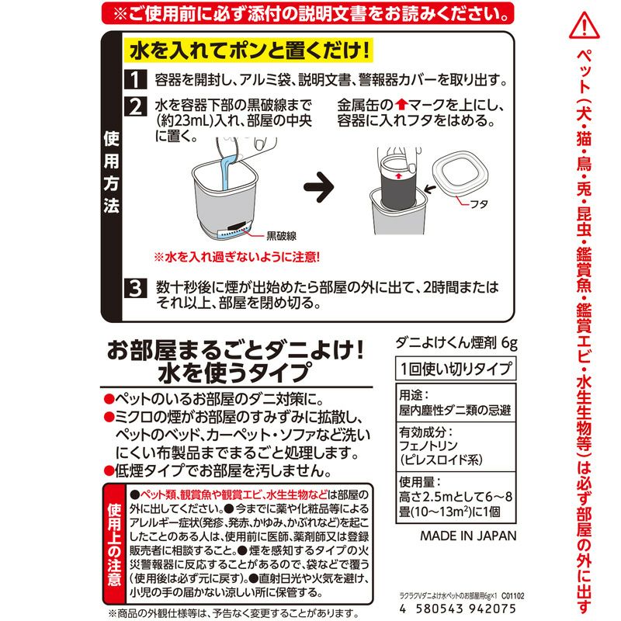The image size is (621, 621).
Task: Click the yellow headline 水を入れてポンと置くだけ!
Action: point(245,51)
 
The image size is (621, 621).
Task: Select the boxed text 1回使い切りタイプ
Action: point(456,367)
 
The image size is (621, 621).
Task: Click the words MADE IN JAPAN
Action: point(468,536)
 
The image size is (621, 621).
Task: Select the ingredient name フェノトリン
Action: point(432,446)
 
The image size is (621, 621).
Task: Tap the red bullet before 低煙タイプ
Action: point(109,470)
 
